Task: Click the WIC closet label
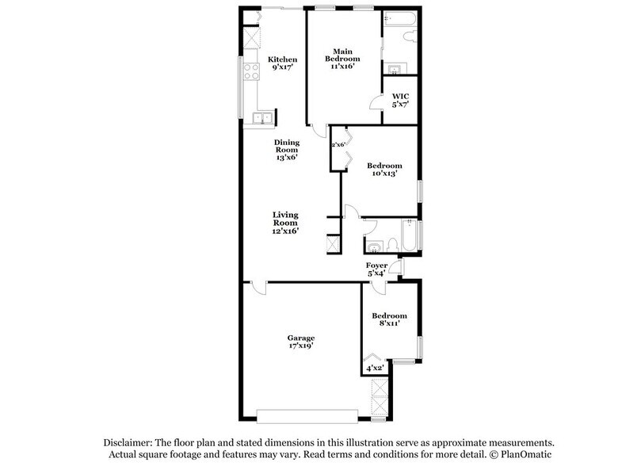400,101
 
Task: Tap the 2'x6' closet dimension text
338,144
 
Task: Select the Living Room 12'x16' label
285,222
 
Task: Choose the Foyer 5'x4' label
376,269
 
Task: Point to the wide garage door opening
307,413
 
